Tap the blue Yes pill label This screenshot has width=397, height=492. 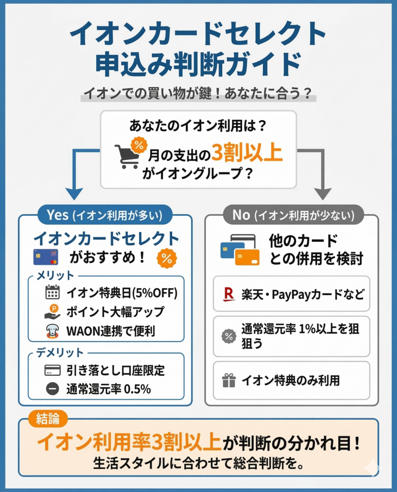pos(104,215)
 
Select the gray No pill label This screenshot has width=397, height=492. pos(293,215)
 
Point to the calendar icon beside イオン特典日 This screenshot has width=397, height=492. pos(52,292)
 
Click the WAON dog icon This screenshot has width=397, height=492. pos(52,331)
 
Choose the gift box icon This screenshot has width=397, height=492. pos(229,381)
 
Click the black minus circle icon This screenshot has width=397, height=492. pos(52,389)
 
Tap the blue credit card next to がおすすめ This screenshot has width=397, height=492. pos(46,257)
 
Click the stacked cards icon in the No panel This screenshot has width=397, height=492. pos(240,249)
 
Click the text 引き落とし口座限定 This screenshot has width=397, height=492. pos(115,370)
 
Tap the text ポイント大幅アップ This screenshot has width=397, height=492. pos(115,312)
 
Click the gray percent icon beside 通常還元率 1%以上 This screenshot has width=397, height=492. pos(229,336)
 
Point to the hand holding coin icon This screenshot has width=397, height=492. pos(52,312)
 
